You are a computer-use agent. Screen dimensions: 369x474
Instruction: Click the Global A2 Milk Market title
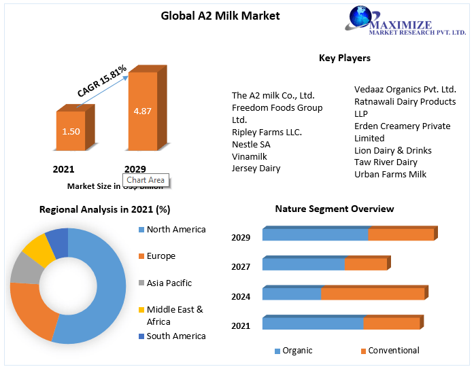pos(210,16)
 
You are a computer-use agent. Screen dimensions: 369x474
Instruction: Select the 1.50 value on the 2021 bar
pos(70,130)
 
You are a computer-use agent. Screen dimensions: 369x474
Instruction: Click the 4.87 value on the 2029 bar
pos(142,111)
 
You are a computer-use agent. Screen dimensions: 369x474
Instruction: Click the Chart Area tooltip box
pos(146,180)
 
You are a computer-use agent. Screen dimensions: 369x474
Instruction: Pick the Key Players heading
pos(344,58)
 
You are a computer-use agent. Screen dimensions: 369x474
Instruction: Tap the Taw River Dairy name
pos(386,162)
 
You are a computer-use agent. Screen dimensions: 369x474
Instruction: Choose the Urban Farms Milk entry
pos(390,174)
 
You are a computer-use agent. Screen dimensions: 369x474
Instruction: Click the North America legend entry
pos(175,230)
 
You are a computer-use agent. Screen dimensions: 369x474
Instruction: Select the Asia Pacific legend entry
pos(169,283)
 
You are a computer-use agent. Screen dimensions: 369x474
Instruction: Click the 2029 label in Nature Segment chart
pos(241,237)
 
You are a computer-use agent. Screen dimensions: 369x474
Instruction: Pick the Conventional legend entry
pos(393,351)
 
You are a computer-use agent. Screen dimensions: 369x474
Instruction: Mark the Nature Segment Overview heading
pos(334,209)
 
